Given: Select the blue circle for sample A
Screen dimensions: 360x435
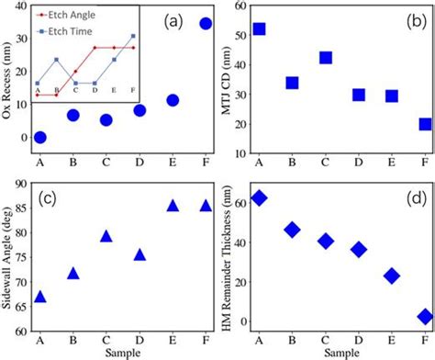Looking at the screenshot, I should (40, 138).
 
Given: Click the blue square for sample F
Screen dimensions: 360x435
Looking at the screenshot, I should (425, 124).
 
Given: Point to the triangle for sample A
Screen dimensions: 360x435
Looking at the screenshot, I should (40, 296).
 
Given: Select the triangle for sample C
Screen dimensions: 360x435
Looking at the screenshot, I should (106, 236).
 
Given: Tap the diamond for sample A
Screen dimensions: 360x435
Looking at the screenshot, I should (260, 197).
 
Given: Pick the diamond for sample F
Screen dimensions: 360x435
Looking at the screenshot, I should (425, 316).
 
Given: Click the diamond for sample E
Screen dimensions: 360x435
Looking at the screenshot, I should (392, 276).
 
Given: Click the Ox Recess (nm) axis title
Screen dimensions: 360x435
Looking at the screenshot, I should (8, 78).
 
